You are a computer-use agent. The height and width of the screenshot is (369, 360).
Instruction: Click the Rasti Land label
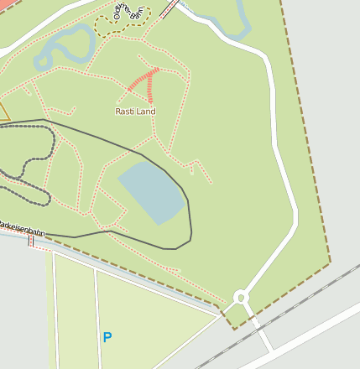(x=135, y=111)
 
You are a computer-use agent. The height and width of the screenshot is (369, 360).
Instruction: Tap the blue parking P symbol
(x=107, y=337)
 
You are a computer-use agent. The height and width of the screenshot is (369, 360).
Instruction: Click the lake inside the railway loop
(x=152, y=193)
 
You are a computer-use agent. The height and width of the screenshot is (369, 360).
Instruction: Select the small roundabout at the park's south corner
(x=242, y=297)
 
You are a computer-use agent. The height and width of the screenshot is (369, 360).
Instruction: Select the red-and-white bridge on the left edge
(x=31, y=242)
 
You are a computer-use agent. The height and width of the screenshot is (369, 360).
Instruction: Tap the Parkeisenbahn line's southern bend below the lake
(x=172, y=248)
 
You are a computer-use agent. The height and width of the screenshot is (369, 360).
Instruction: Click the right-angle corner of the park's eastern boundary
(x=329, y=262)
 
